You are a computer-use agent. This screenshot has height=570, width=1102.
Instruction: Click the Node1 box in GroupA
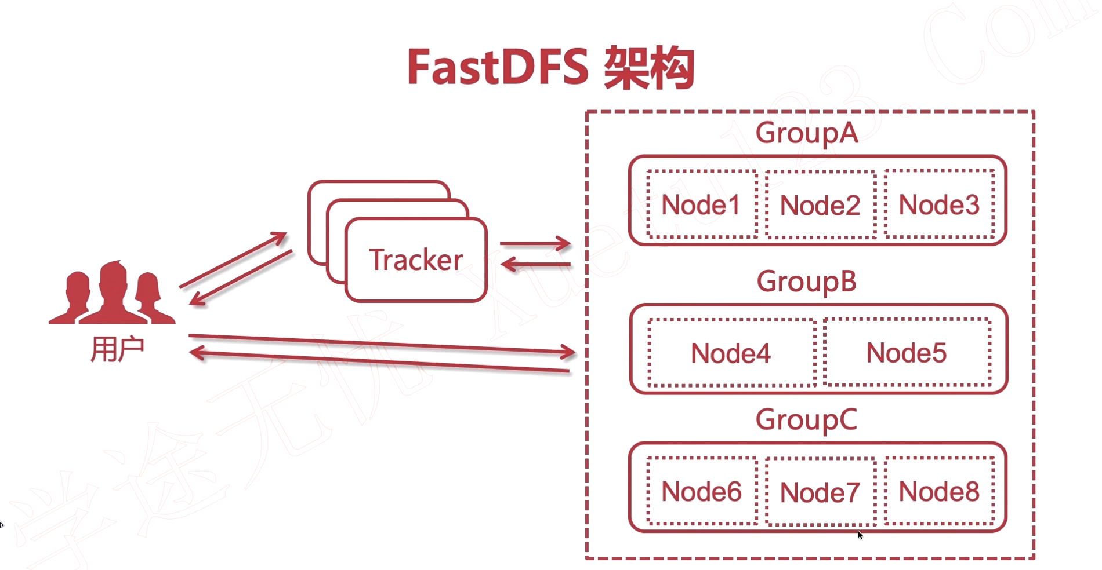pyautogui.click(x=701, y=204)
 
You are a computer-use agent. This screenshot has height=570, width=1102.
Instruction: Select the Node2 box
pyautogui.click(x=820, y=205)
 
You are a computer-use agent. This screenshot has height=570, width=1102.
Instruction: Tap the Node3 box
pyautogui.click(x=939, y=204)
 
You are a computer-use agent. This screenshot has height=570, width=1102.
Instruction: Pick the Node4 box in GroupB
pyautogui.click(x=731, y=353)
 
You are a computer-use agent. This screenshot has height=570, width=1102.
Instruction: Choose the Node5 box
pyautogui.click(x=907, y=352)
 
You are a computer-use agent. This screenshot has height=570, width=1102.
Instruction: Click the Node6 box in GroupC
pyautogui.click(x=701, y=491)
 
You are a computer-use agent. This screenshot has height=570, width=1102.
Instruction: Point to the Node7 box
pyautogui.click(x=820, y=492)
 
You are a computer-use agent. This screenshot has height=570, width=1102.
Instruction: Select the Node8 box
pyautogui.click(x=939, y=491)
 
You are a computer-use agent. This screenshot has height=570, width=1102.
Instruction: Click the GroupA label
pyautogui.click(x=806, y=133)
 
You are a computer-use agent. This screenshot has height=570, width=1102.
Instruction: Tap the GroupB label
pyautogui.click(x=806, y=282)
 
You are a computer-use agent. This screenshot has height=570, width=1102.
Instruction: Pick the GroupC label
pyautogui.click(x=806, y=419)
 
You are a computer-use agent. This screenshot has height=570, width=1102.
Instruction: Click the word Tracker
pyautogui.click(x=416, y=260)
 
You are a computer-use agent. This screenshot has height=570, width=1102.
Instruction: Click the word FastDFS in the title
pyautogui.click(x=498, y=67)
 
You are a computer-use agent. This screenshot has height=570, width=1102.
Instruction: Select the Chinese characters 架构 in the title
pyautogui.click(x=650, y=68)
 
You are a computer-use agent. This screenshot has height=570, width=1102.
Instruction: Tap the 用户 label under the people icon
pyautogui.click(x=117, y=349)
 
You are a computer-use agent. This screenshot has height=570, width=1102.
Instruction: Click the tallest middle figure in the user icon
pyautogui.click(x=113, y=293)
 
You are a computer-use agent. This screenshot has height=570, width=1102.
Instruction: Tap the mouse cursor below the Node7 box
pyautogui.click(x=860, y=535)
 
